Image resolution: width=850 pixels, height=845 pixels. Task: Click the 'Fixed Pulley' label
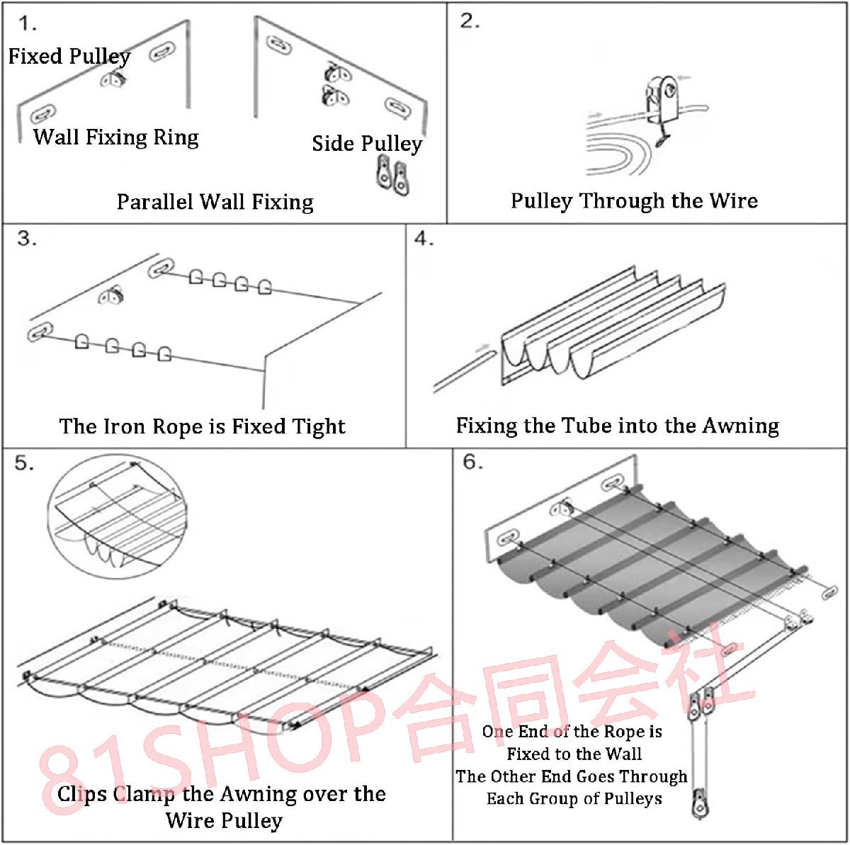tap(69, 57)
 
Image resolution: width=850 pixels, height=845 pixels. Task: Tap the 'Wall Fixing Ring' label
tap(116, 137)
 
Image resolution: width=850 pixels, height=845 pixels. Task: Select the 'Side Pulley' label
tap(366, 144)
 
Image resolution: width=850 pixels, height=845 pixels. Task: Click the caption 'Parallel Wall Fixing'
tap(215, 202)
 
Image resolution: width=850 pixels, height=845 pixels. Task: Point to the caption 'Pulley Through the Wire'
tap(634, 201)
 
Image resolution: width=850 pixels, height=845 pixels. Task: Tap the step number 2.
tap(470, 21)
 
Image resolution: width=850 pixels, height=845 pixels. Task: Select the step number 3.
tap(27, 238)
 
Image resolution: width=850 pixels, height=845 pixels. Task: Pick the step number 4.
tap(424, 239)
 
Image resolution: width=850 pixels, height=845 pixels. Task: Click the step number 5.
tap(24, 463)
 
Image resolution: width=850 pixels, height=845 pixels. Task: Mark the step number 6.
tap(472, 462)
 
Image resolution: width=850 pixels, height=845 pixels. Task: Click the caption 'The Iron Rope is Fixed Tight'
tap(202, 426)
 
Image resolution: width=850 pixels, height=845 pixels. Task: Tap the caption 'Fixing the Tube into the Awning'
tap(617, 426)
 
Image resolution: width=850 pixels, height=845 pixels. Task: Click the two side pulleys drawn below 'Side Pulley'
tap(392, 175)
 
